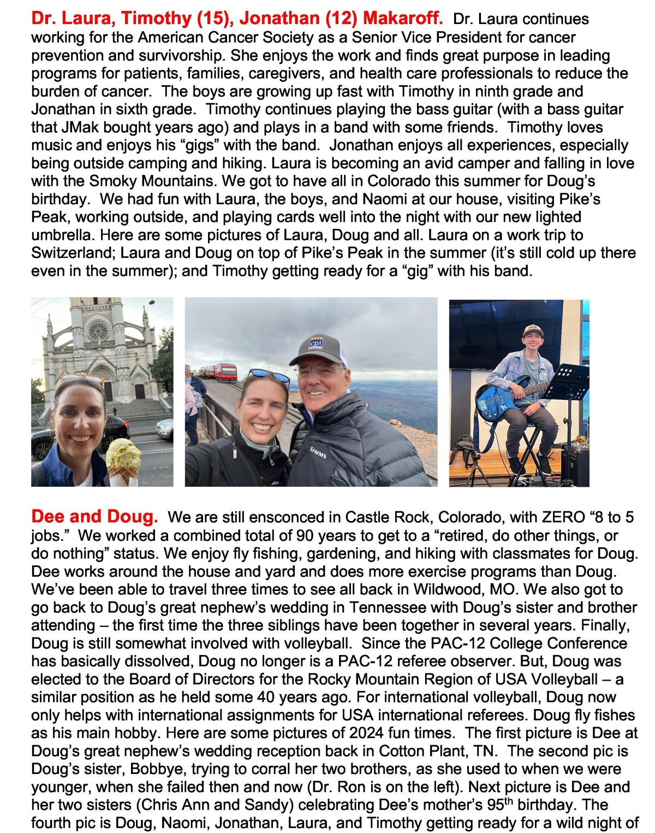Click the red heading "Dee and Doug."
(94, 516)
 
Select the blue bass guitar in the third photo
(499, 399)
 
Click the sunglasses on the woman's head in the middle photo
(269, 375)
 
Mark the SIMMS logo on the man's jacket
(318, 452)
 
